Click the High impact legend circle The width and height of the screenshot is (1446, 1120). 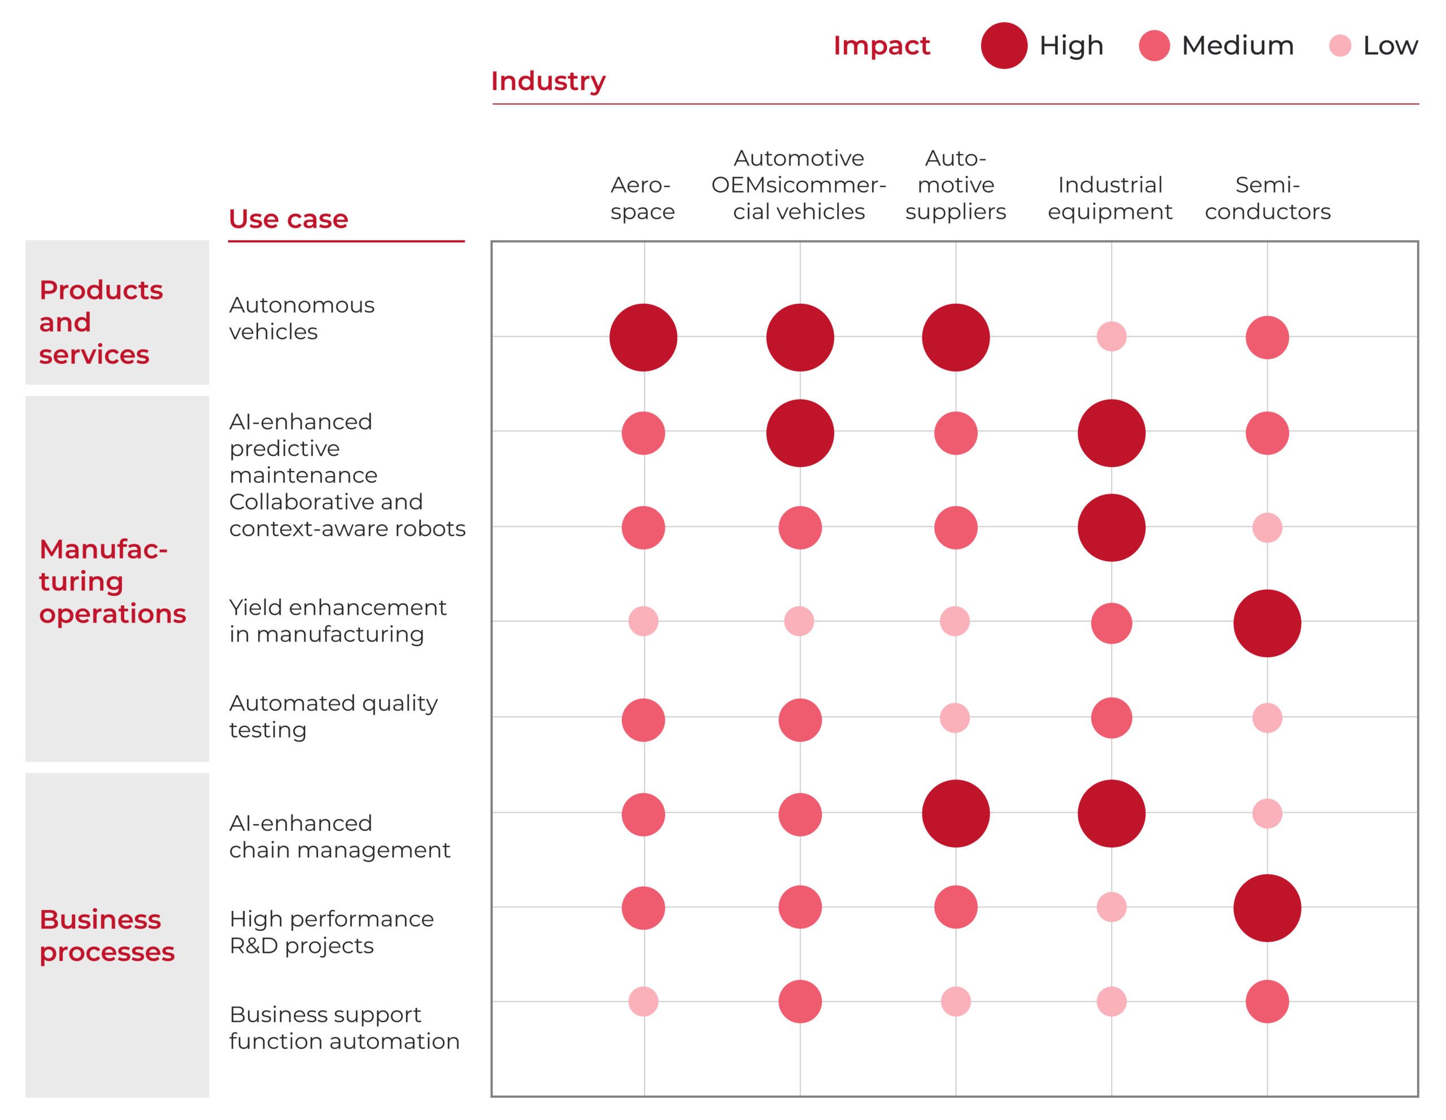(1004, 46)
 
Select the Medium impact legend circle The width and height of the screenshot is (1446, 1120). (1154, 46)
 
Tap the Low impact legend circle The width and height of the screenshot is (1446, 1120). (1340, 46)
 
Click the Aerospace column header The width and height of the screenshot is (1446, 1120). (642, 198)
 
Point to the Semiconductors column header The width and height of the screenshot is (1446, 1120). (1268, 198)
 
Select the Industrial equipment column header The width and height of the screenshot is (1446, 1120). (1110, 198)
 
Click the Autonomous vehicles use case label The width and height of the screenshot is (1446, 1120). (302, 318)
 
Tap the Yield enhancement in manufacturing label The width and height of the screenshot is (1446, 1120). (338, 620)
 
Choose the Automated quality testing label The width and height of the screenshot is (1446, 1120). (334, 716)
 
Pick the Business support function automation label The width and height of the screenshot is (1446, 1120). (345, 1027)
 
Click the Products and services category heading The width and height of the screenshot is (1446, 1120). (101, 322)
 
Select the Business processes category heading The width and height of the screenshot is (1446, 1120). (107, 935)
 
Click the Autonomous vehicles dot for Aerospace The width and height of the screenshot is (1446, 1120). (643, 338)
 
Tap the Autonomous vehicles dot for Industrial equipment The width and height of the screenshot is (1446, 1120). (1112, 336)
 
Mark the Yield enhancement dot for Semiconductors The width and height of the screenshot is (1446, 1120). (1268, 624)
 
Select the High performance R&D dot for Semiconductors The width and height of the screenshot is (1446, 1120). (1268, 908)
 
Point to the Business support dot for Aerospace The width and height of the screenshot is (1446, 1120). (643, 1001)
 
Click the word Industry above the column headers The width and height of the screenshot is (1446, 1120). (548, 81)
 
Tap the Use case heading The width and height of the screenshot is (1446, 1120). (288, 219)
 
